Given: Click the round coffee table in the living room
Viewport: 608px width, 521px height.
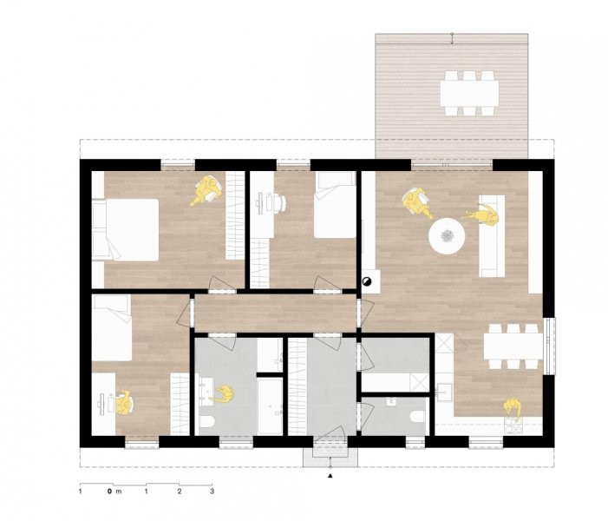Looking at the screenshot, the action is pyautogui.click(x=447, y=236).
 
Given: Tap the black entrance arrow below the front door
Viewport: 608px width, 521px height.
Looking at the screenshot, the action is pyautogui.click(x=330, y=476).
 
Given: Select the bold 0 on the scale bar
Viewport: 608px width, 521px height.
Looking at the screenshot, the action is pyautogui.click(x=110, y=491).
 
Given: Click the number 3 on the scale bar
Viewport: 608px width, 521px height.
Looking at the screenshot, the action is pyautogui.click(x=212, y=491).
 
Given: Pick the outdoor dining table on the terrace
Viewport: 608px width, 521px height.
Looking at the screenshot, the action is pyautogui.click(x=469, y=93).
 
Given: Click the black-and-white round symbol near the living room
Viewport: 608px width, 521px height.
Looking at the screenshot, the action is pyautogui.click(x=366, y=282).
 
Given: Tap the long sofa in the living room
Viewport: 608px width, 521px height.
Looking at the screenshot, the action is pyautogui.click(x=492, y=236).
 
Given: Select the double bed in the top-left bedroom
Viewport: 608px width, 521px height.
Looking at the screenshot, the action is pyautogui.click(x=126, y=230).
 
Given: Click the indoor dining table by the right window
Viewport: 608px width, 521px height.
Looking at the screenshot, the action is pyautogui.click(x=513, y=346).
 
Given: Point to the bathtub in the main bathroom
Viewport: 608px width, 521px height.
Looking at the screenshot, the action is pyautogui.click(x=270, y=406).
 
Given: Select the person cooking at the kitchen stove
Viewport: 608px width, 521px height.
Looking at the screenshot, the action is pyautogui.click(x=512, y=406).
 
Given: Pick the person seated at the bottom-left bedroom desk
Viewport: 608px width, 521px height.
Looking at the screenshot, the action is pyautogui.click(x=125, y=403).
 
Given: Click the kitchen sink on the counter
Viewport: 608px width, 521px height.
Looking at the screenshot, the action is pyautogui.click(x=444, y=392).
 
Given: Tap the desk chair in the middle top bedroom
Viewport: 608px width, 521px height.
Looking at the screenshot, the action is pyautogui.click(x=278, y=202).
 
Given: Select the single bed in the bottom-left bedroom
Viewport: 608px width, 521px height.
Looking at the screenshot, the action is pyautogui.click(x=112, y=328).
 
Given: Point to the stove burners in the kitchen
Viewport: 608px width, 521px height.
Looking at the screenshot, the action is pyautogui.click(x=513, y=425).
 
